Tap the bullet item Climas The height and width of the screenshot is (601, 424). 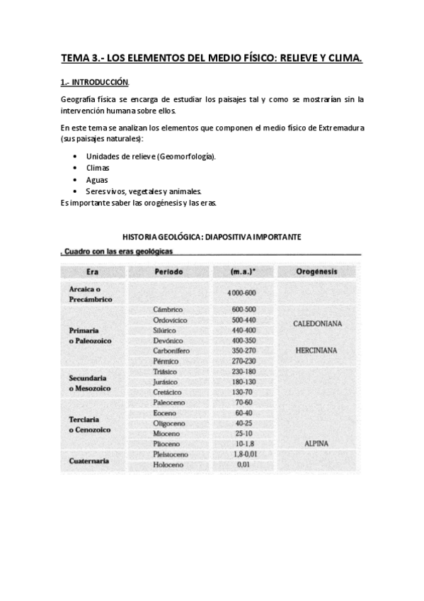click(x=98, y=168)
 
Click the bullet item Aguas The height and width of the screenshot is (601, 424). click(x=97, y=180)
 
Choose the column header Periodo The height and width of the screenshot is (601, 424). click(x=168, y=271)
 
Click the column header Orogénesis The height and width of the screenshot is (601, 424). click(x=317, y=271)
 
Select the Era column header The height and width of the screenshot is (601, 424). click(x=92, y=271)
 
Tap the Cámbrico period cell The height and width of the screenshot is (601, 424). click(x=168, y=310)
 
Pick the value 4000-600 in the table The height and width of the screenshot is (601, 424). click(x=242, y=293)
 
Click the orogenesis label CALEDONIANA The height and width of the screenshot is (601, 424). click(x=317, y=324)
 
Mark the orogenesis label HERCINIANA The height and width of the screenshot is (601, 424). click(x=317, y=350)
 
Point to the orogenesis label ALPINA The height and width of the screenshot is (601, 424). click(x=317, y=444)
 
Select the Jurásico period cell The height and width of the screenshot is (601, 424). click(x=168, y=382)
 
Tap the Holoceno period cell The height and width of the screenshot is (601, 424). click(x=168, y=465)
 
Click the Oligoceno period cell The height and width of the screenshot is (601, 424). click(x=168, y=423)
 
